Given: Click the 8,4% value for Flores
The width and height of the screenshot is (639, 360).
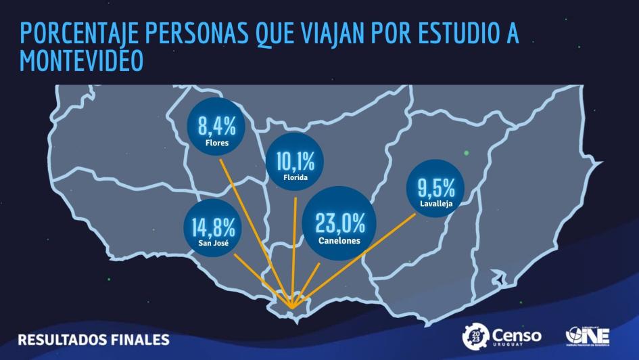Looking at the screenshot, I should click(216, 125).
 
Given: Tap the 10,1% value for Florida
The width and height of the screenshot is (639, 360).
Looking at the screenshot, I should click(295, 161).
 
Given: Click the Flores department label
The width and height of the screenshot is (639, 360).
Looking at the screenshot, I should click(216, 143).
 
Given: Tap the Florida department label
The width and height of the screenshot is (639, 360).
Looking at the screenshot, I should click(295, 177).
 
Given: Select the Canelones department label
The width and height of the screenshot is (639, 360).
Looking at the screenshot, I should click(339, 240).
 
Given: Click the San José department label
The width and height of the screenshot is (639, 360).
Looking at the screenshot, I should click(214, 242).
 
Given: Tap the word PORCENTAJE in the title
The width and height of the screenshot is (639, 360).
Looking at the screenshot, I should click(76, 34).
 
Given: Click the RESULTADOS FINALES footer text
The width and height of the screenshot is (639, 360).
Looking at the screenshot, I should click(93, 338).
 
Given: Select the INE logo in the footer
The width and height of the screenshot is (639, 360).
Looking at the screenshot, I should click(588, 336).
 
